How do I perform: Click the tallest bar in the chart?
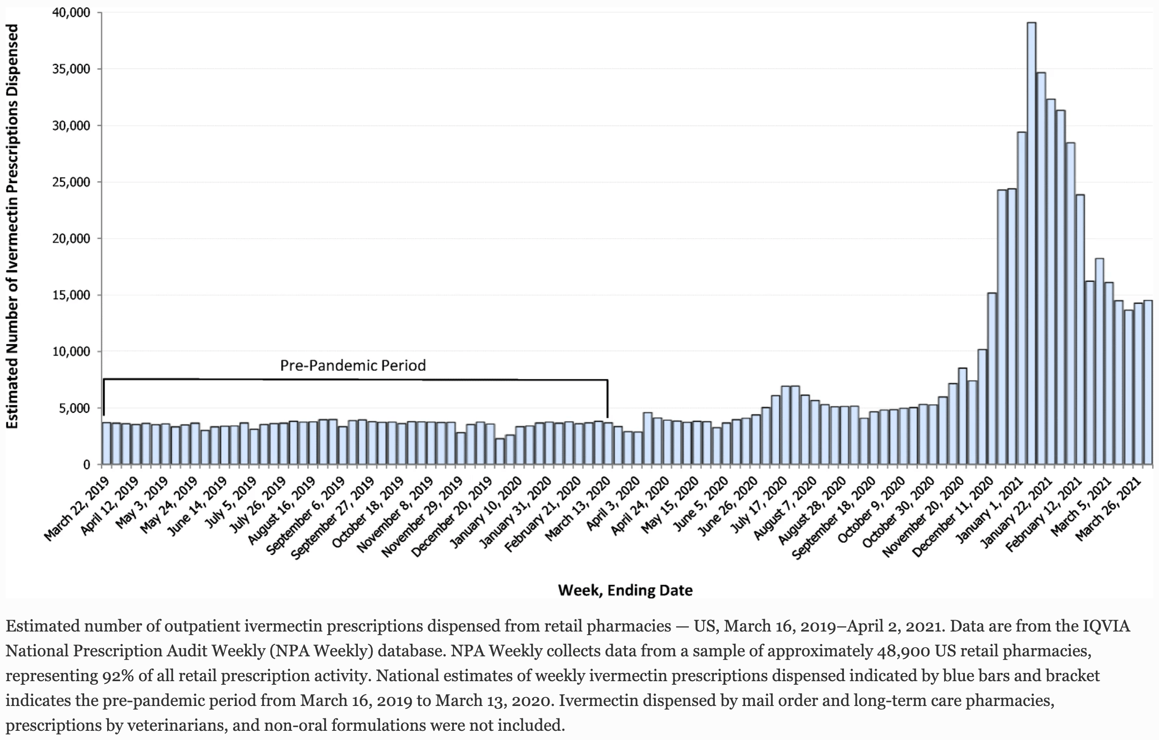[x=1032, y=244]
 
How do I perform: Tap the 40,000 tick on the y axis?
[x=71, y=12]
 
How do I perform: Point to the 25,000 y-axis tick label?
[x=71, y=182]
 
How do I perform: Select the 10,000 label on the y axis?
[x=71, y=352]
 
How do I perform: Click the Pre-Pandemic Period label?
[x=353, y=366]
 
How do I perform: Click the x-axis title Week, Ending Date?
[x=625, y=590]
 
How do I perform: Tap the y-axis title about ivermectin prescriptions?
[x=12, y=226]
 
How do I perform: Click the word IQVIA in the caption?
[x=1105, y=626]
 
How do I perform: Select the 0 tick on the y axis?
[x=86, y=465]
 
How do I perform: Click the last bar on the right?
[x=1148, y=382]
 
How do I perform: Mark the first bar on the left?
[x=106, y=444]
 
